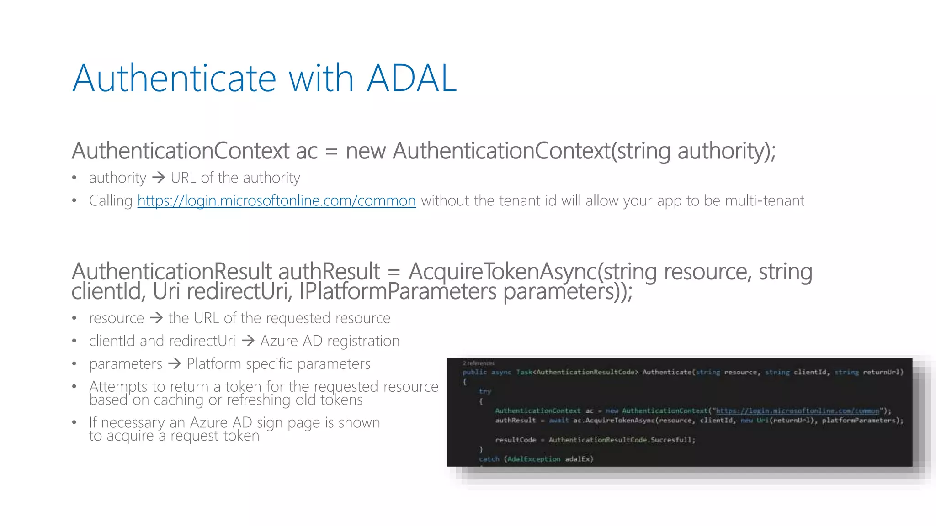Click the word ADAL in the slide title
tap(411, 79)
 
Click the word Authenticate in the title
tap(174, 79)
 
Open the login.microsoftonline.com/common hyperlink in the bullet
tap(277, 200)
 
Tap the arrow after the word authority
tap(158, 177)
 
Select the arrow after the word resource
tap(156, 317)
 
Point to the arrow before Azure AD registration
tap(248, 340)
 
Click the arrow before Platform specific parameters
tap(175, 363)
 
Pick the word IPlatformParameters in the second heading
tap(398, 292)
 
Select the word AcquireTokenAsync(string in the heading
tap(532, 272)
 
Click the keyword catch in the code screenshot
tap(489, 459)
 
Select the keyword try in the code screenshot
tap(485, 391)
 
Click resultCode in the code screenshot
tap(516, 440)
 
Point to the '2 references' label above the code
tap(479, 363)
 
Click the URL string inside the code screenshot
tap(798, 411)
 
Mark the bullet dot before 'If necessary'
tap(74, 422)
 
